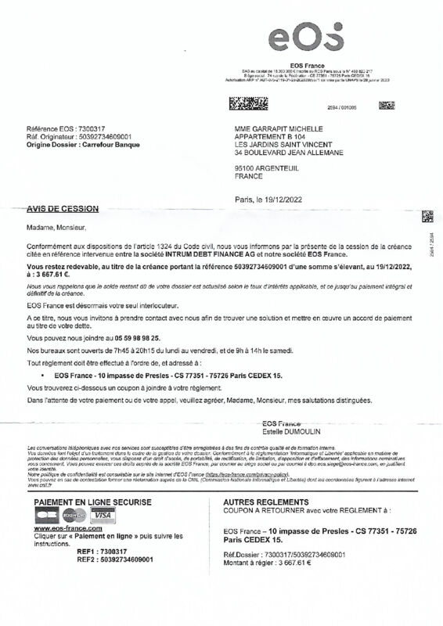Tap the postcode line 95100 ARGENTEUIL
pos(271,168)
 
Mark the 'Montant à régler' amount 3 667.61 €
pos(283,563)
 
